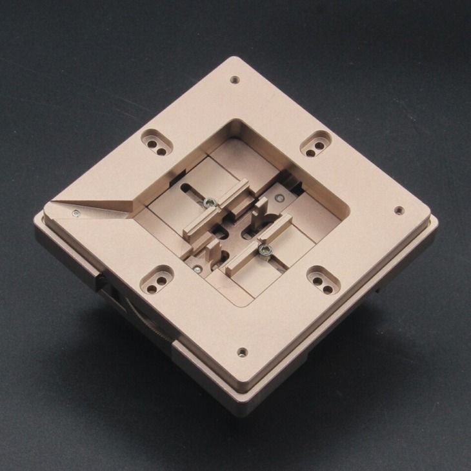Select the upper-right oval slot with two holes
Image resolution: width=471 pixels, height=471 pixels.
[x=316, y=143]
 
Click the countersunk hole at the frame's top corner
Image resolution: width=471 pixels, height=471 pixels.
[x=234, y=80]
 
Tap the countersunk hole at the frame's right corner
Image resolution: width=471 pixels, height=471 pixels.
[x=399, y=210]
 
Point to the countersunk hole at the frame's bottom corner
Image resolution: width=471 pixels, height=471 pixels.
[x=242, y=352]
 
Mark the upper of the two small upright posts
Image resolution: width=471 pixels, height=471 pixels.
[x=261, y=208]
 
